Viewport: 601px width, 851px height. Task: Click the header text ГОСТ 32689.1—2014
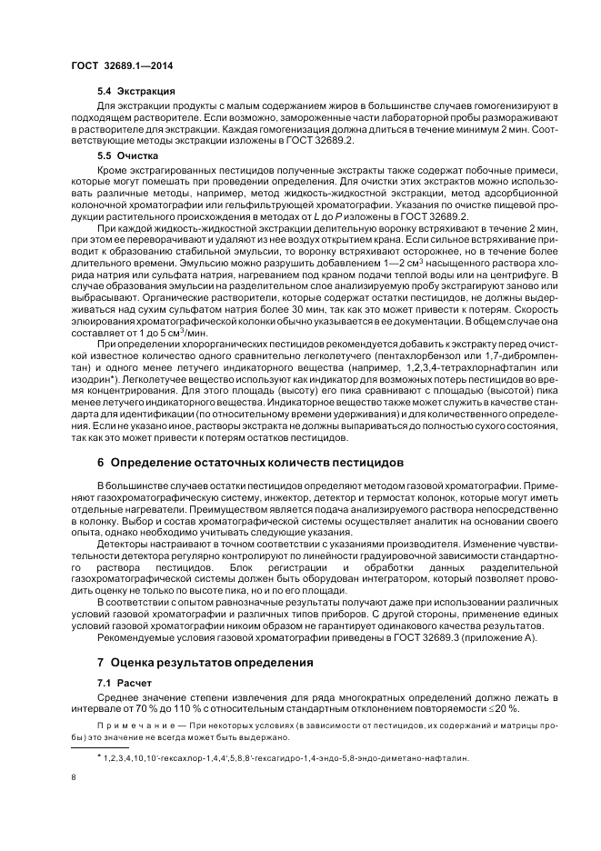pos(122,65)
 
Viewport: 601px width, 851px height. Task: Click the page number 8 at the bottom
pos(73,776)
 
